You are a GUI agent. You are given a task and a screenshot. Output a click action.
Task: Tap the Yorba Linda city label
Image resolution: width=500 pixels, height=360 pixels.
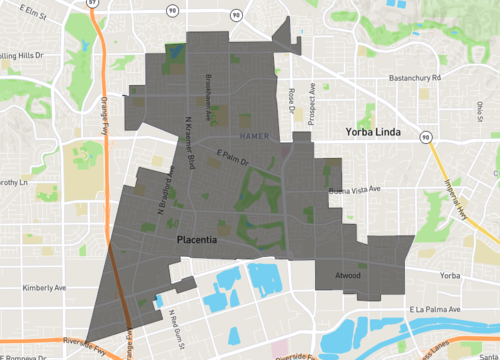[x=373, y=132]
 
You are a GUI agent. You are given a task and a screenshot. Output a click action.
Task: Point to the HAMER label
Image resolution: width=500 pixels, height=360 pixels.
[x=254, y=135]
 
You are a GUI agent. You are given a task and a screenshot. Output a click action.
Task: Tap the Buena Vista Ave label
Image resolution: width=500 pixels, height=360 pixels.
[x=355, y=189]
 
